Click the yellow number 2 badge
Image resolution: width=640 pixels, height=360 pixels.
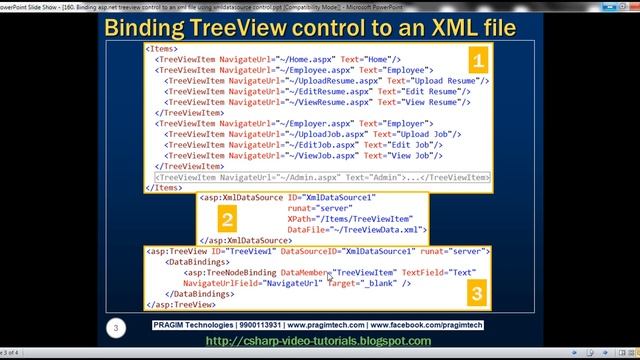(x=229, y=221)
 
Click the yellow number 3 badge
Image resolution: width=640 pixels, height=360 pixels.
(x=477, y=293)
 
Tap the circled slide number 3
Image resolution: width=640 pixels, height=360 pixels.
(x=117, y=327)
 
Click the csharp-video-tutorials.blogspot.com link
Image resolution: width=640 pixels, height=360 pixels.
(x=317, y=341)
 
